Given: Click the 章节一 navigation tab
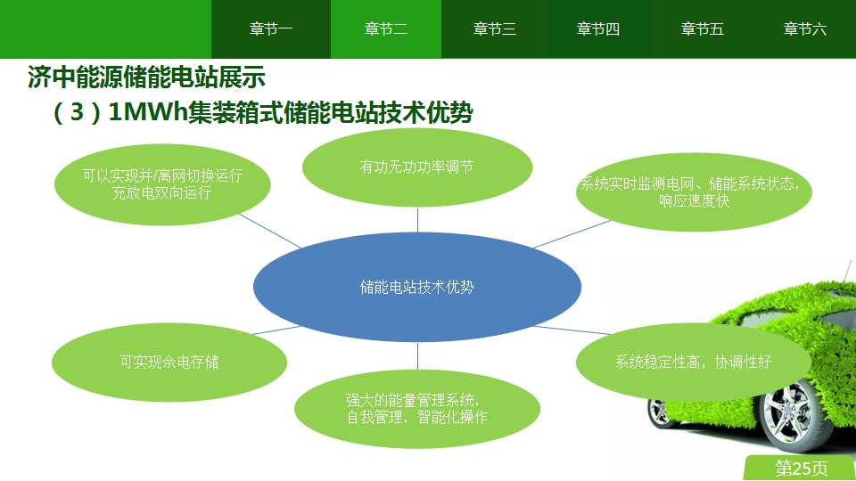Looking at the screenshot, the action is (x=271, y=29).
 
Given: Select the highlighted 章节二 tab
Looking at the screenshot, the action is (x=386, y=29).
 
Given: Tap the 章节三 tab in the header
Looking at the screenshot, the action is (x=495, y=29).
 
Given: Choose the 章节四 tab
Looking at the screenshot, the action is (x=598, y=29).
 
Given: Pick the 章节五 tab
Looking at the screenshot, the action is (x=702, y=29).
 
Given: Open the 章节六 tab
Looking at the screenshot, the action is (x=804, y=29).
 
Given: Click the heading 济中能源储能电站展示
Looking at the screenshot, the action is (x=146, y=77).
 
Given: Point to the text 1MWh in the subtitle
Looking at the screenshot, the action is (x=147, y=112).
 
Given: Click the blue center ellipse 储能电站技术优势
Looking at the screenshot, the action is (x=417, y=287).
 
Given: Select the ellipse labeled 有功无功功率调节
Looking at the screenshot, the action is (x=417, y=167).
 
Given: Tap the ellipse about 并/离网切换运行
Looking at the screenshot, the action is (x=162, y=184).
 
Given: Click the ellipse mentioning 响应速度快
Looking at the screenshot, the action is (x=694, y=192).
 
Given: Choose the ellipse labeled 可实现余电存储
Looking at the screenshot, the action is (x=169, y=363).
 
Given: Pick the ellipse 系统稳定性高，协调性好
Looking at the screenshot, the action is (x=694, y=362).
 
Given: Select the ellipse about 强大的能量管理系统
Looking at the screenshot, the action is (x=417, y=409).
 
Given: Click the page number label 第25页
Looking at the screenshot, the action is (x=801, y=468).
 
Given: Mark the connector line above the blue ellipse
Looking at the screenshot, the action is (x=417, y=220).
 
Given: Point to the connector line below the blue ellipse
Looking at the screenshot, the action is (x=417, y=355).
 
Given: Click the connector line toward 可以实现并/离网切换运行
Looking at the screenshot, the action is (x=269, y=231).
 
